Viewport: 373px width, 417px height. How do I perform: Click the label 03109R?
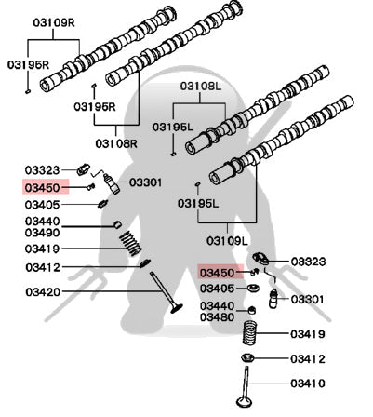54,23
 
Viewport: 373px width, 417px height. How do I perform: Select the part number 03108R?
116,143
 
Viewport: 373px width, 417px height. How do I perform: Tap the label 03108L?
201,87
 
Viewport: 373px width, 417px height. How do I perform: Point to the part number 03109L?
227,241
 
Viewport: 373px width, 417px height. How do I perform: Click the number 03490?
43,233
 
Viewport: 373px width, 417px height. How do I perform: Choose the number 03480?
217,317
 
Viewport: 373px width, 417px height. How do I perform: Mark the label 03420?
43,292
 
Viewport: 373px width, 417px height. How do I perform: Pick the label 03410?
308,383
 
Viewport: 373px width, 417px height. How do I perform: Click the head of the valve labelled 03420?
176,308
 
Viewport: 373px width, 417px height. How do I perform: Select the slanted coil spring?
131,244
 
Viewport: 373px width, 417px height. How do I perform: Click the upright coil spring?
250,332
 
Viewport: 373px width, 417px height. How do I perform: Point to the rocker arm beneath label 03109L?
260,259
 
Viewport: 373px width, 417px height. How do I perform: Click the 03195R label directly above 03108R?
95,107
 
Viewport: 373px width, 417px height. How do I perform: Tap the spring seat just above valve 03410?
248,357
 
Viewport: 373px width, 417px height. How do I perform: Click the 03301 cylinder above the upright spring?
273,299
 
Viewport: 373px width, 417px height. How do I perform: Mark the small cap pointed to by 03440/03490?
117,224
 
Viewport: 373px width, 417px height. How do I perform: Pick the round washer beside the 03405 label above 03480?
253,288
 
